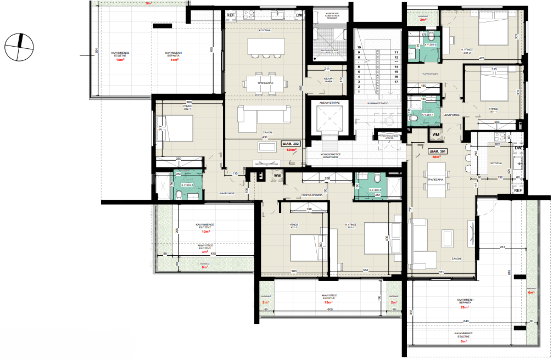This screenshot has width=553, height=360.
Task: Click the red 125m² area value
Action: (x=292, y=149)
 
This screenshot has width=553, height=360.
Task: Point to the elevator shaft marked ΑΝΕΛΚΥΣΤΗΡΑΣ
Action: (x=327, y=117)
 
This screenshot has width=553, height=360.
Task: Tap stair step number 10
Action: (x=359, y=48)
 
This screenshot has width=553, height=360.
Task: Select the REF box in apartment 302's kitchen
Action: (x=231, y=15)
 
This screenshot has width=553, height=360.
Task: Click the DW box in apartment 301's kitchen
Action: (x=517, y=148)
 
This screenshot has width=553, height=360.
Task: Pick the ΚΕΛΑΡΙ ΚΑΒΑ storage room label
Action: (x=329, y=80)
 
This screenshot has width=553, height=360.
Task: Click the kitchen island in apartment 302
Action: (x=266, y=46)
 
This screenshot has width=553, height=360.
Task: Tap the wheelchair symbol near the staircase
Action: (x=391, y=116)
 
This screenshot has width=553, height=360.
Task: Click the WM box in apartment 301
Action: (x=435, y=134)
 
